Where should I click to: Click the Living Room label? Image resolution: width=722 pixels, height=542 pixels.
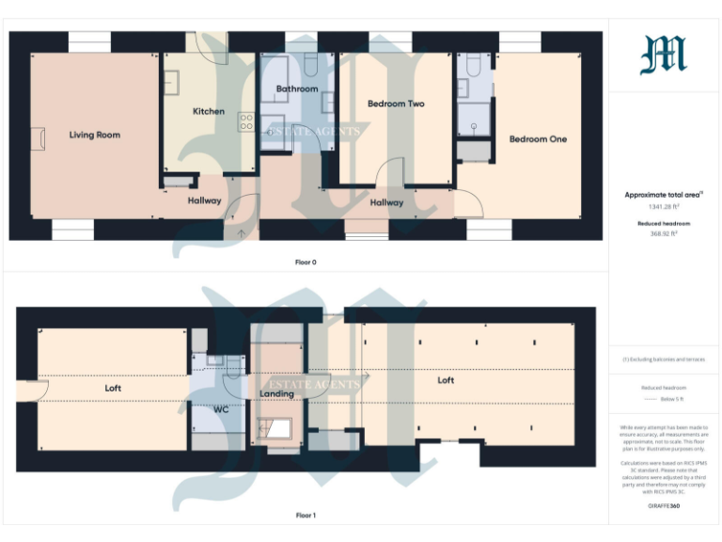click(95, 135)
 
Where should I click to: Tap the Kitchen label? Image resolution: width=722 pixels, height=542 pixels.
click(209, 111)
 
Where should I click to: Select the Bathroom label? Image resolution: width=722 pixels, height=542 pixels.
click(297, 89)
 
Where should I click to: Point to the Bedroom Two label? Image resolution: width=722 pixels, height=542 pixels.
click(396, 104)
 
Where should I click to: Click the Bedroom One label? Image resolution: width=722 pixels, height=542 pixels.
click(538, 139)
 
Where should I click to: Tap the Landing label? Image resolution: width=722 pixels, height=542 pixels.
click(277, 393)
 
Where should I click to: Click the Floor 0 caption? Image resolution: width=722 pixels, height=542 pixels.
click(306, 263)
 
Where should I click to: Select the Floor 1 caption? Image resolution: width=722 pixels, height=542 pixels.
click(306, 516)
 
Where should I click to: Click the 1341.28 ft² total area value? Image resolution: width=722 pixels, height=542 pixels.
click(663, 206)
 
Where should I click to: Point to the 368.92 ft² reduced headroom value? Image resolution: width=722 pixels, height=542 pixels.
click(663, 233)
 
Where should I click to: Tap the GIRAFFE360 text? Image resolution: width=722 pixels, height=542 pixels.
click(664, 505)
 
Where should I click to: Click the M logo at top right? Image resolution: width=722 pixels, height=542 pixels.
click(664, 55)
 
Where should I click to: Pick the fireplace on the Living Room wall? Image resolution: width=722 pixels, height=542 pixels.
click(37, 138)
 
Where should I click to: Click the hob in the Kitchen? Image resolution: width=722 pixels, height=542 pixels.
click(246, 121)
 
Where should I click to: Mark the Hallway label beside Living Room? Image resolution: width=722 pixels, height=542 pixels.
click(204, 200)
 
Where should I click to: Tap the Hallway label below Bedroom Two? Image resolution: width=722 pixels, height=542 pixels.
click(386, 202)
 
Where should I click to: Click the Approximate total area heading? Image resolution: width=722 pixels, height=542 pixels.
click(664, 195)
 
